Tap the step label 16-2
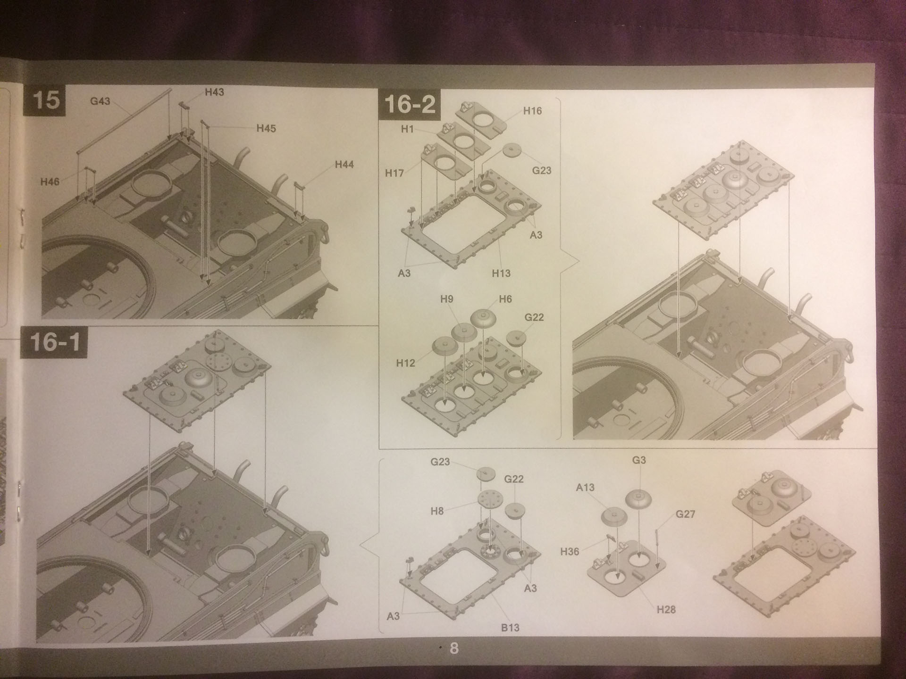(410, 104)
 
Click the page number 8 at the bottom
(454, 648)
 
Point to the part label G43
(100, 101)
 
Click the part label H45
(266, 128)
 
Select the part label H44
(344, 165)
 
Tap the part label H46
(50, 182)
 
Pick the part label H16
(532, 111)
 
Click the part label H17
(394, 173)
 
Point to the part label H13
(501, 273)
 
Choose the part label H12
(405, 363)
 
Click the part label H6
(505, 299)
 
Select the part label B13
(510, 628)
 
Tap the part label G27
(685, 514)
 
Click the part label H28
(666, 610)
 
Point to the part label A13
(585, 488)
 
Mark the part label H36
(570, 551)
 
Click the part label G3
(639, 460)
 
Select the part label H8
(437, 511)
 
